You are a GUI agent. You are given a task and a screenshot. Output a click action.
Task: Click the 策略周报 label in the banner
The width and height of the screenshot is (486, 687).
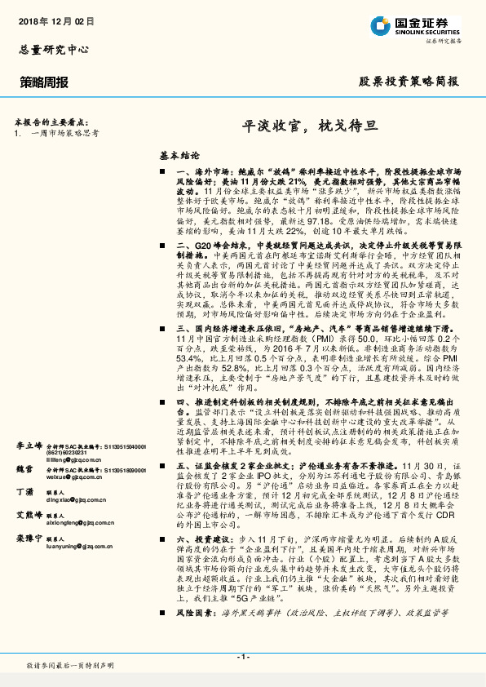pyautogui.click(x=44, y=82)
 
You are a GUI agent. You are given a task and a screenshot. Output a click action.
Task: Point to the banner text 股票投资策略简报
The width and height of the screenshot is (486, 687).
pyautogui.click(x=409, y=82)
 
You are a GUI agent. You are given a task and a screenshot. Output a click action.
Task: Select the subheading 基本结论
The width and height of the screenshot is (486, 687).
pyautogui.click(x=179, y=153)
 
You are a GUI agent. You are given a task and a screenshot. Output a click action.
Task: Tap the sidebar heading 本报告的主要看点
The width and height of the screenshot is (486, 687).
pyautogui.click(x=51, y=120)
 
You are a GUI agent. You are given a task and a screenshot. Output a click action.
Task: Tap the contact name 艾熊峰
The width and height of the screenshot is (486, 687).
pyautogui.click(x=29, y=515)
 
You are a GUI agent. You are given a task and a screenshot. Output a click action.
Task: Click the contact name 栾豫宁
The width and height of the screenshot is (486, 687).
pyautogui.click(x=29, y=539)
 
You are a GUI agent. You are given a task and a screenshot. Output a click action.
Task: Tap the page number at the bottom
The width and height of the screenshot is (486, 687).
pyautogui.click(x=242, y=656)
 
